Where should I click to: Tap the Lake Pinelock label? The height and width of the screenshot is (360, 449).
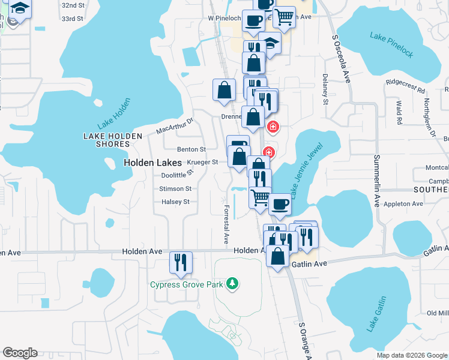(391, 46)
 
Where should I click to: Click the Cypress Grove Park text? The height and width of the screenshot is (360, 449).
(187, 284)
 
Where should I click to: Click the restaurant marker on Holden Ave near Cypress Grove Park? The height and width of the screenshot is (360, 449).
(180, 263)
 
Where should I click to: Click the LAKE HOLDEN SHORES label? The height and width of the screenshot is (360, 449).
(106, 140)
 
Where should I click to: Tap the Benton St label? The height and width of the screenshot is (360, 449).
(191, 149)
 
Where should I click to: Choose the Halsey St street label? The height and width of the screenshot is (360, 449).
(175, 202)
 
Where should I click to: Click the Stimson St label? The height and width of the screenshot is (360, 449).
(175, 188)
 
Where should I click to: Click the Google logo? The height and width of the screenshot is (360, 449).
(20, 353)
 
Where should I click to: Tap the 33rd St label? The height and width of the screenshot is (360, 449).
(72, 19)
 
